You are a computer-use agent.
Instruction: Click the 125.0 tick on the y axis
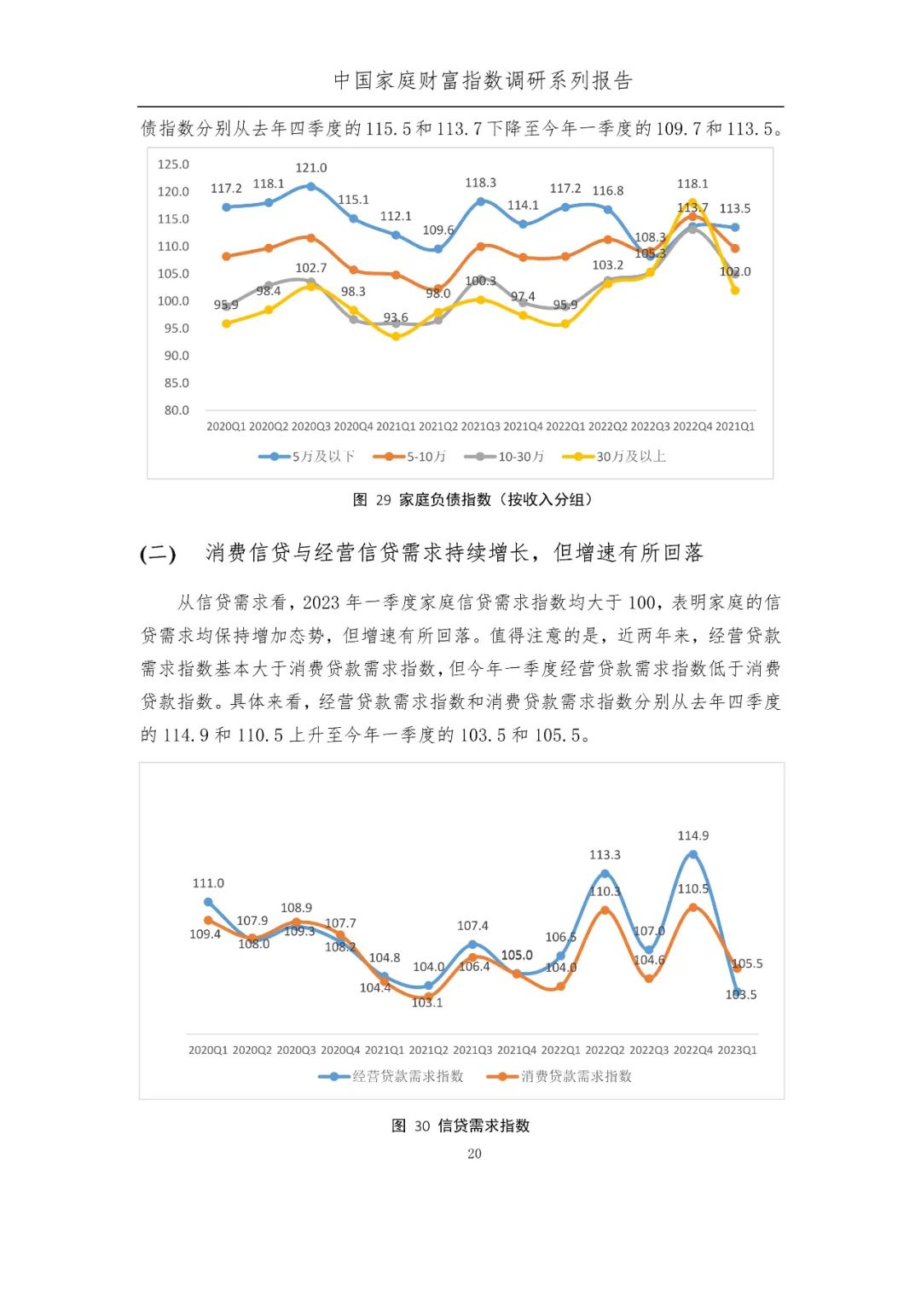[x=173, y=165]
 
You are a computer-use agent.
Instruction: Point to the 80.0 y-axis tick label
[x=177, y=410]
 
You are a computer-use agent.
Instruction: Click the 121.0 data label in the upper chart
[x=311, y=168]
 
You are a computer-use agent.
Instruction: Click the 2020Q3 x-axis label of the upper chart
[x=310, y=427]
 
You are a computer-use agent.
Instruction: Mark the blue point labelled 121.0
[x=310, y=186]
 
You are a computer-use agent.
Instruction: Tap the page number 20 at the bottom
[x=474, y=1154]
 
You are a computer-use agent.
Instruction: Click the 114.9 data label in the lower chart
[x=692, y=836]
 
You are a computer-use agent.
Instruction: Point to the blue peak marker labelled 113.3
[x=605, y=873]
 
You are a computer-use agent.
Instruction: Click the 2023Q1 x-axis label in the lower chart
[x=737, y=1050]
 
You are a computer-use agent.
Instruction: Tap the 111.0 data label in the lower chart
[x=208, y=884]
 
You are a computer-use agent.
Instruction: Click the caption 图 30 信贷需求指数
[x=460, y=1126]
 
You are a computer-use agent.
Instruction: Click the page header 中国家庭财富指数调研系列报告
[x=483, y=81]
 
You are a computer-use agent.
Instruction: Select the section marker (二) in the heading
[x=158, y=554]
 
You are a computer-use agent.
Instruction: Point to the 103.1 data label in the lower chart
[x=427, y=1003]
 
